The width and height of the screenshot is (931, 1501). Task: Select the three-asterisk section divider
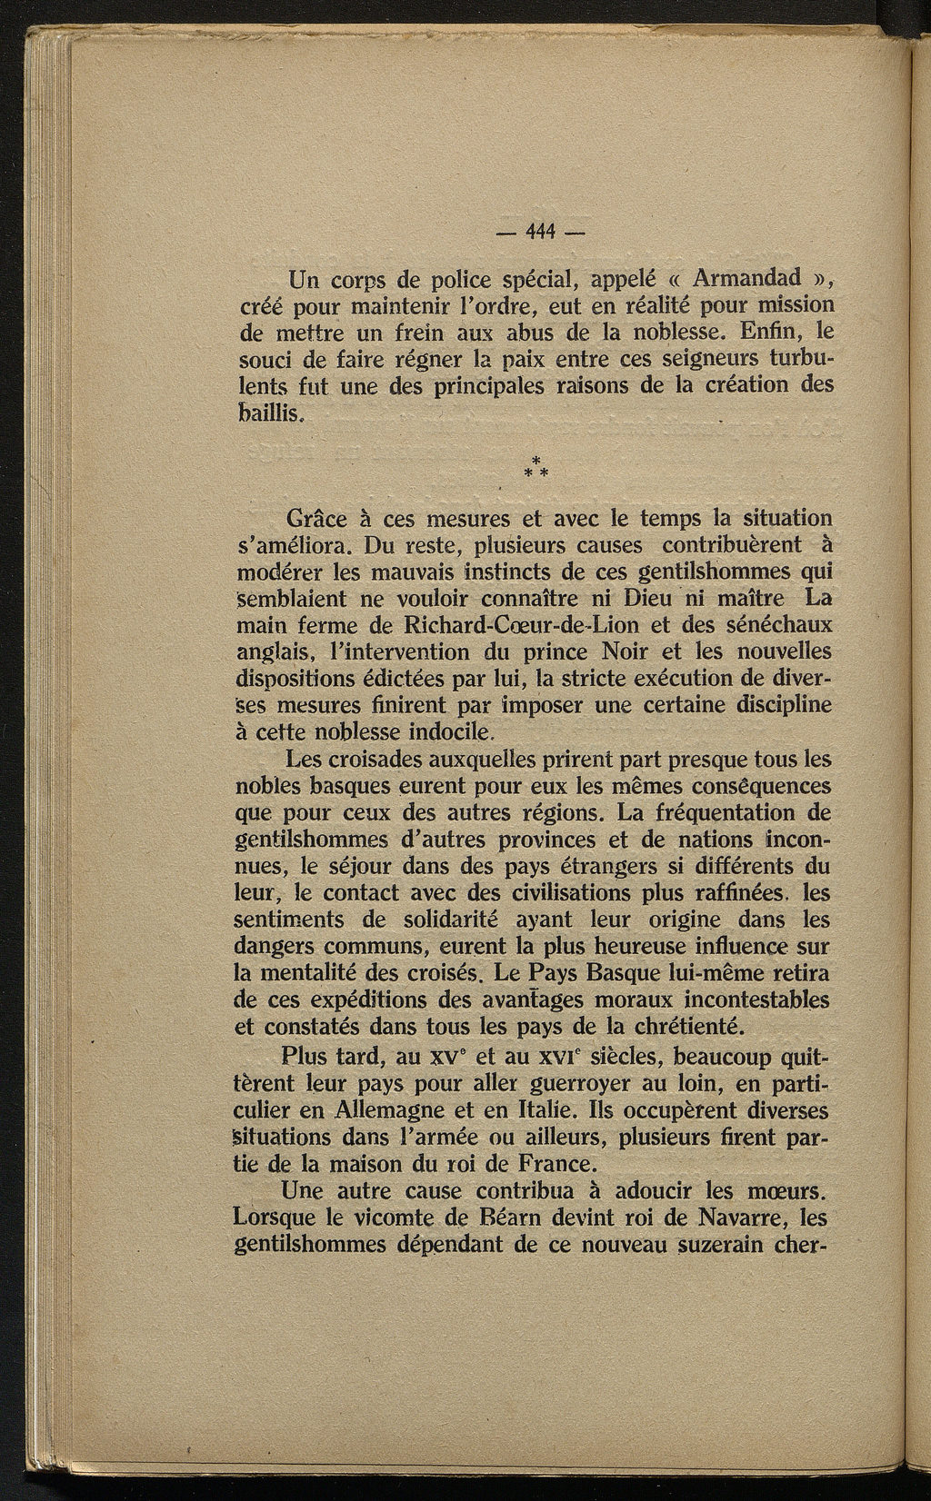[x=536, y=469]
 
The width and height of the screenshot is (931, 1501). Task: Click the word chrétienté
[x=699, y=1027]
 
